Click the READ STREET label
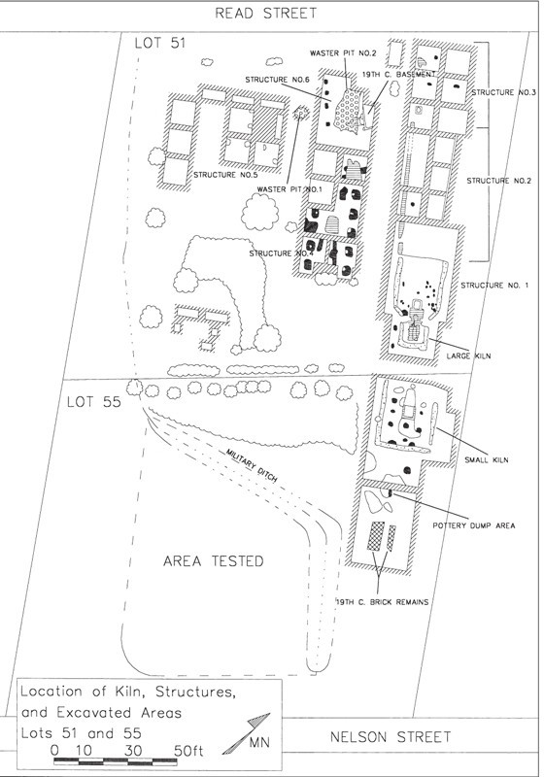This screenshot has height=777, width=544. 265,14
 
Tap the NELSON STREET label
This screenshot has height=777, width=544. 391,737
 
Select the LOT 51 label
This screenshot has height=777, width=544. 160,43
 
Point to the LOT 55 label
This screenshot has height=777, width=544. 93,402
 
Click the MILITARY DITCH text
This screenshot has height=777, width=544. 252,466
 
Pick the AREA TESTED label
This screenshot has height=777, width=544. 214,561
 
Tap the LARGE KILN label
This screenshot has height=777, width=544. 468,355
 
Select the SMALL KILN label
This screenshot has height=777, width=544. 486,459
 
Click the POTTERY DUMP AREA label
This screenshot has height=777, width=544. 474,525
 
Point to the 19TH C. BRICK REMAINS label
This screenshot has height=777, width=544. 382,602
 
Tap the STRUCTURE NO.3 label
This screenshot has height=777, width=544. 503,92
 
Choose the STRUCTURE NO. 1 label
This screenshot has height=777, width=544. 494,286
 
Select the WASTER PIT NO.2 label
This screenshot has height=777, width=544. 343,53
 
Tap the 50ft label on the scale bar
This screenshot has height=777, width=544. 188,751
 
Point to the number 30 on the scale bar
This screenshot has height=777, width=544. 133,751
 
